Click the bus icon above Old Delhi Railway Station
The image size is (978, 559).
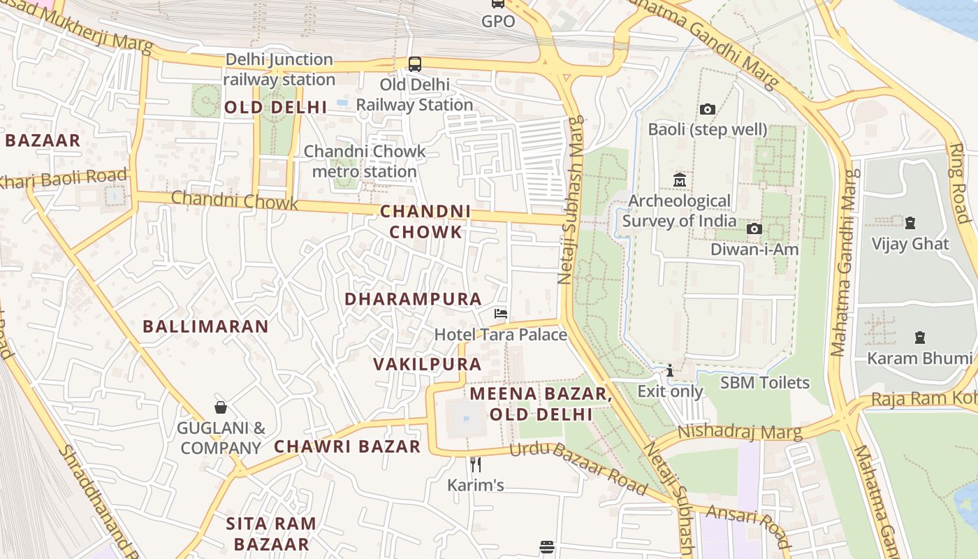coord(415,64)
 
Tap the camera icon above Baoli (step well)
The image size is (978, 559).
coord(707,110)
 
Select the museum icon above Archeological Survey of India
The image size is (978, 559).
coord(679,180)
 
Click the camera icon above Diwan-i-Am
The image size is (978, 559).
coord(754,229)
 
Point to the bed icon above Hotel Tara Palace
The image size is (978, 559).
coord(500,314)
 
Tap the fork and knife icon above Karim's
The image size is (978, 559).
coord(475,464)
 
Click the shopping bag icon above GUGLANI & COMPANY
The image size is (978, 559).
coord(221,407)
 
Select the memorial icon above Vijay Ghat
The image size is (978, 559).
coord(910,223)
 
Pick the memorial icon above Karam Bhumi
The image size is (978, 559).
coord(919,337)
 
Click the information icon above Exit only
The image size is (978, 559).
coord(670,370)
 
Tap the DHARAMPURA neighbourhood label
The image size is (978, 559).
coord(413,299)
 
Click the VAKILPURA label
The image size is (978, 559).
coord(427,364)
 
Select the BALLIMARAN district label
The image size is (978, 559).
coord(205,326)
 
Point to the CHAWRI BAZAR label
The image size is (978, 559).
coord(347,447)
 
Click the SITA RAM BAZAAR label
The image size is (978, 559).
coord(271,534)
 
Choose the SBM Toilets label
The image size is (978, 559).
coord(764,383)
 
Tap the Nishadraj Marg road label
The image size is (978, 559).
coord(740,432)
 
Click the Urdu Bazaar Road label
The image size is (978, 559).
coord(578,467)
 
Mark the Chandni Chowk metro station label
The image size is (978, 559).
coord(364,161)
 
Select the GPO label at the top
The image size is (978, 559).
coord(498,22)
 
